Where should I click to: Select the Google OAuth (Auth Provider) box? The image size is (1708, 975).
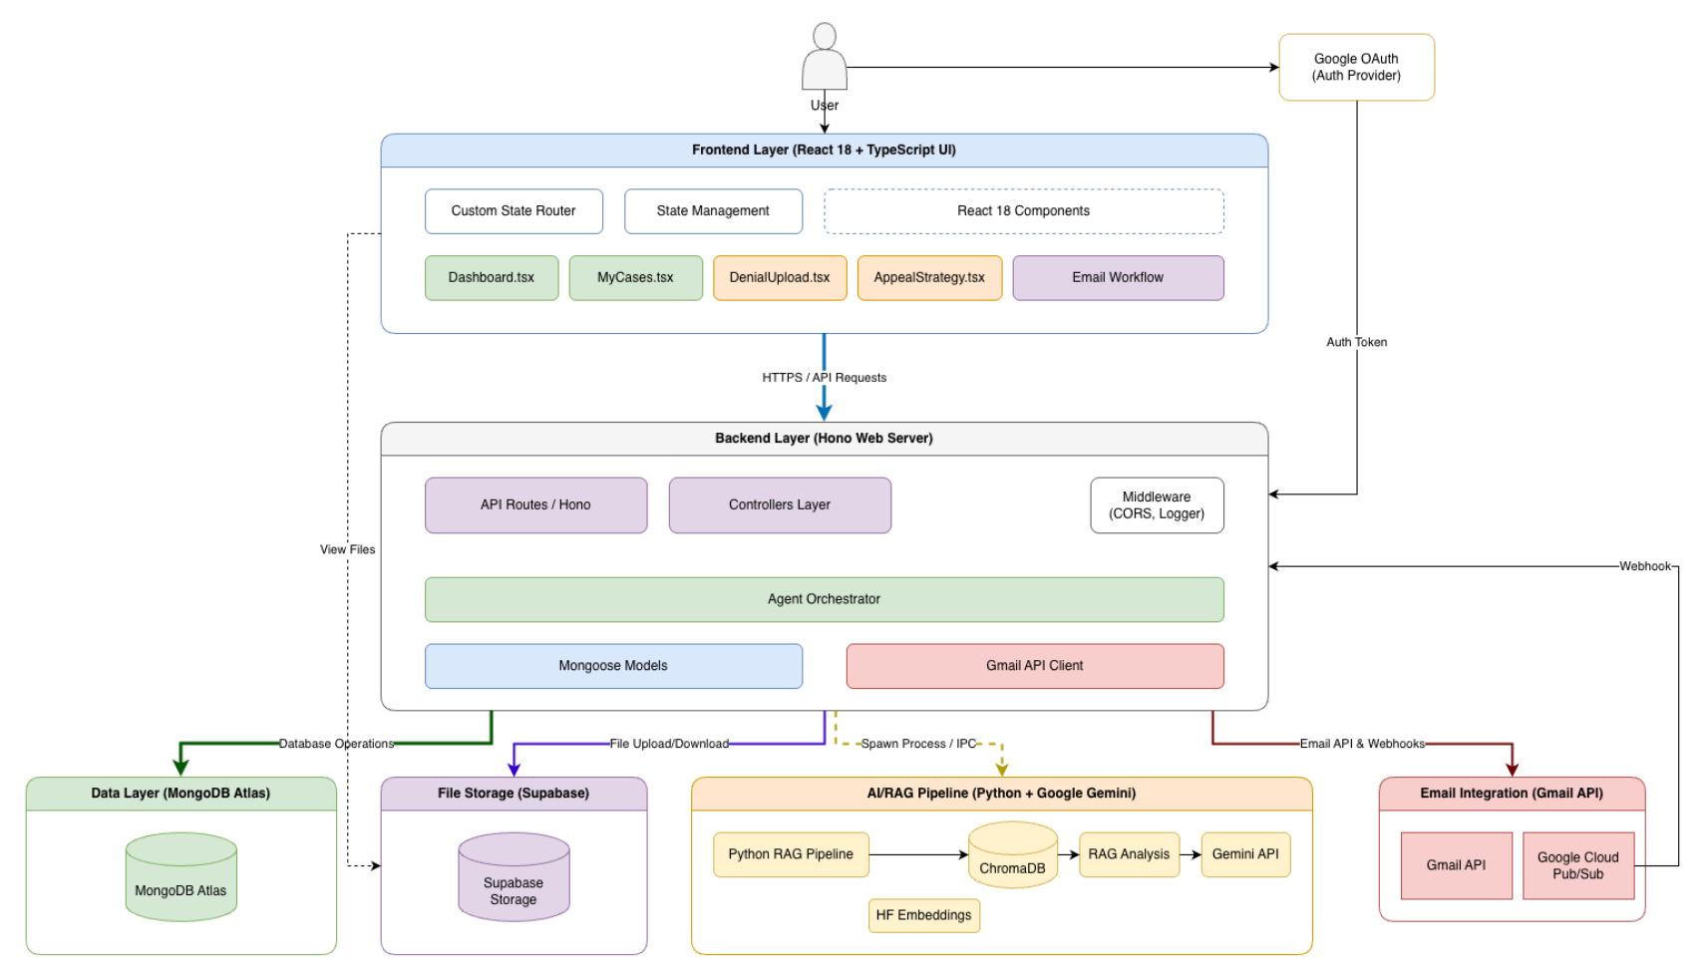click(x=1356, y=67)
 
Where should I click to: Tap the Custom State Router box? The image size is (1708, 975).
click(x=513, y=211)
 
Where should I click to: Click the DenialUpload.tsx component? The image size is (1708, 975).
click(x=780, y=278)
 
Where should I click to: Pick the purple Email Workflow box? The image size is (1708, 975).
click(x=1118, y=278)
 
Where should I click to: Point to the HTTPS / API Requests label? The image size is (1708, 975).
click(x=824, y=378)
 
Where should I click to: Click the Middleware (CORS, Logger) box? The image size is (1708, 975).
click(x=1157, y=505)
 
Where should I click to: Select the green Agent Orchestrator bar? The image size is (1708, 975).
click(x=824, y=599)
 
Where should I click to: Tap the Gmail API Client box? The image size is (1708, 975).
click(x=1034, y=666)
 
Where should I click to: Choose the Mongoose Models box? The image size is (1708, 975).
click(x=613, y=666)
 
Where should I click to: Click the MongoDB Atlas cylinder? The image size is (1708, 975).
click(x=180, y=878)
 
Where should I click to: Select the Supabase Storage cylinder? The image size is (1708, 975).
click(x=513, y=878)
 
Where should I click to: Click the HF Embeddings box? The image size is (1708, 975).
click(x=923, y=915)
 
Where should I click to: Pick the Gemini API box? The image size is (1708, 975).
click(x=1245, y=854)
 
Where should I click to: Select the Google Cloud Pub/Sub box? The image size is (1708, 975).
click(x=1577, y=865)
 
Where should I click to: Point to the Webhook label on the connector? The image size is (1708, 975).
click(x=1644, y=566)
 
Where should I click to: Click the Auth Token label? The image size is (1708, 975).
click(x=1356, y=342)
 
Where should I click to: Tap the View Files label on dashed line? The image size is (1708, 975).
click(x=347, y=549)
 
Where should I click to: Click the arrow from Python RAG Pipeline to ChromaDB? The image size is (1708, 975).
click(x=917, y=854)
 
